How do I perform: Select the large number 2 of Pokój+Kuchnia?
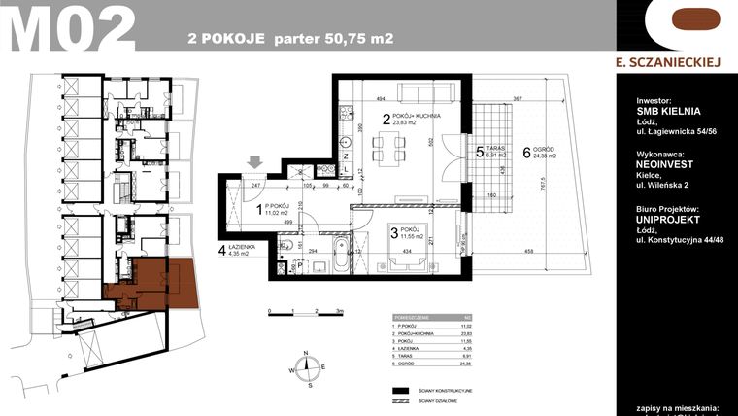tap(386, 121)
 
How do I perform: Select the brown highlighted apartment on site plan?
tap(146, 283)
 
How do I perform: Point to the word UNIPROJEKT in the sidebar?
tap(667, 221)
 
